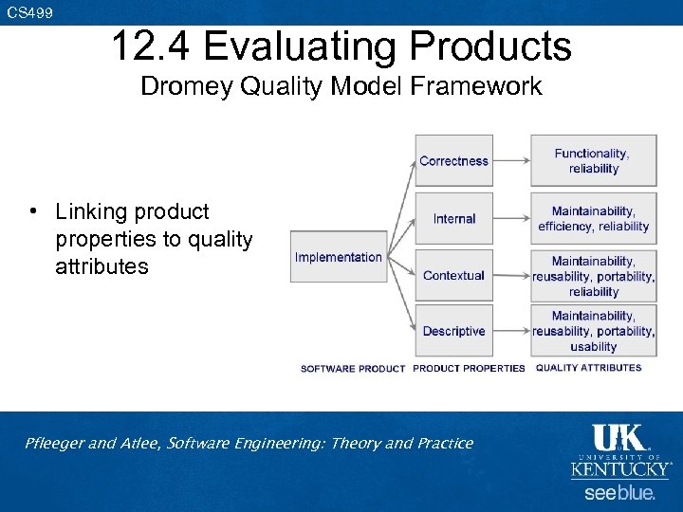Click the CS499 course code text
tap(30, 12)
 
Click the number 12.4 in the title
tap(152, 46)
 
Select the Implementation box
tap(339, 257)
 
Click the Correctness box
tap(453, 160)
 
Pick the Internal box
tap(453, 218)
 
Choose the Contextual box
tap(453, 275)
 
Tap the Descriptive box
tap(453, 331)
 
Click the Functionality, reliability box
tap(593, 160)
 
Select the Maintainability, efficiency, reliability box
tap(593, 218)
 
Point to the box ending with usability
tap(593, 331)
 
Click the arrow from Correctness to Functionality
tap(511, 161)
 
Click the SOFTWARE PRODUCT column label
tap(353, 369)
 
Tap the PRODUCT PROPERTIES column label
tap(469, 369)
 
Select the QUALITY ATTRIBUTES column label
tap(588, 368)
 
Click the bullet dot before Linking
tap(32, 210)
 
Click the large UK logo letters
tap(618, 438)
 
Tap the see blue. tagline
tap(618, 493)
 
